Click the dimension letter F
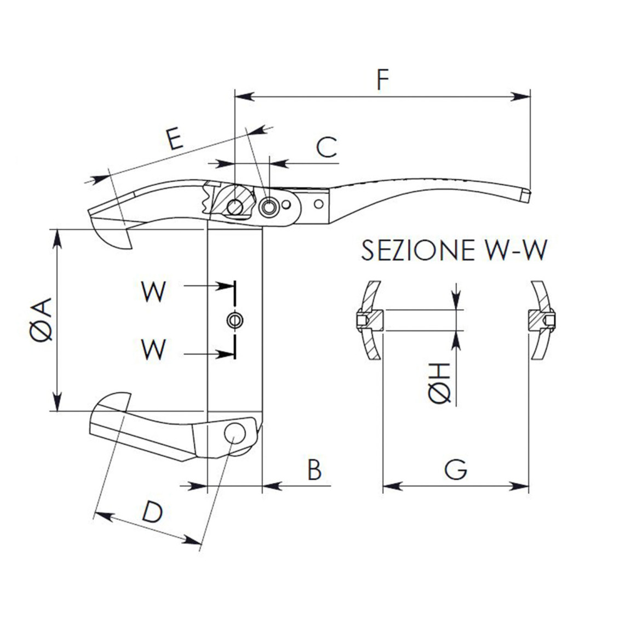pos(382,79)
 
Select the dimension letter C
pos(327,147)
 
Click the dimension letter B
pos(314,470)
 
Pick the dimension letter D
pos(152,512)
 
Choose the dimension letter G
pos(456,470)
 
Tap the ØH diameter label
pos(440,383)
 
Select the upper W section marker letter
pos(153,292)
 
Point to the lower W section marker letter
pos(153,349)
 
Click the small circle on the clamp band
pos(235,320)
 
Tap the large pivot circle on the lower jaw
pos(234,433)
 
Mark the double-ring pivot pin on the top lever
pos(269,207)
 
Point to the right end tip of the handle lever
pos(526,196)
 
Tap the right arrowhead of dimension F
pos(520,96)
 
